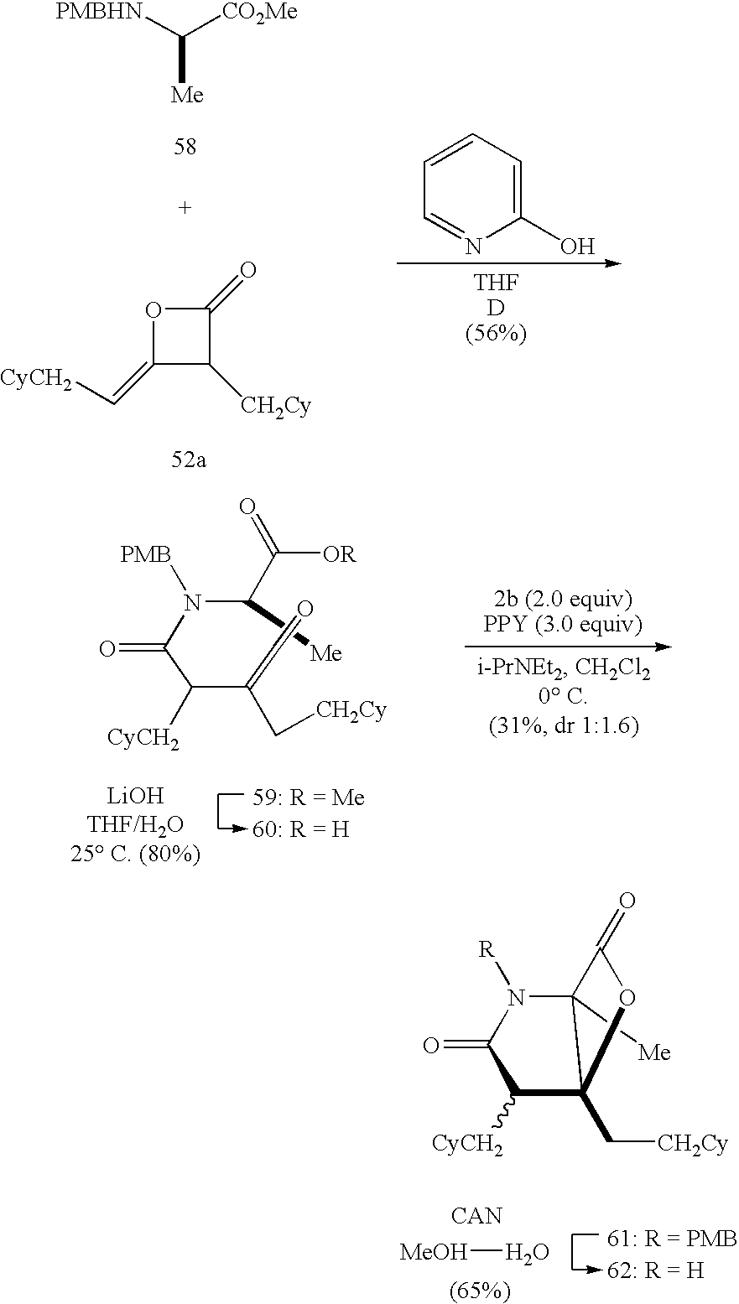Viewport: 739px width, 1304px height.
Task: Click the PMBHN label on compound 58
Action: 96,13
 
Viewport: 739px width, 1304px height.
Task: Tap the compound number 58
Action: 185,147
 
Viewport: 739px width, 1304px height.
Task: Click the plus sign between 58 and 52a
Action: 185,208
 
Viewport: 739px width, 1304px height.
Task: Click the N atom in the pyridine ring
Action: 475,246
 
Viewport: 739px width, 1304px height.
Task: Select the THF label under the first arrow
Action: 496,284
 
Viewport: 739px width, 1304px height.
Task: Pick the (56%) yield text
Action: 496,334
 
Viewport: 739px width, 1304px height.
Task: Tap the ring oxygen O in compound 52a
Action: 153,312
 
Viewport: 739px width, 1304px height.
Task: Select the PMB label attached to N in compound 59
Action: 145,554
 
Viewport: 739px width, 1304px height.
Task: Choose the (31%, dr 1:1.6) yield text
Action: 564,725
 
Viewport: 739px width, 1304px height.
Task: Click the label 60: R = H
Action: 300,829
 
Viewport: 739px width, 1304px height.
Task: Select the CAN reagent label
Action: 477,1215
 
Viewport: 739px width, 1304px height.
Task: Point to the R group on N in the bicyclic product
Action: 486,951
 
